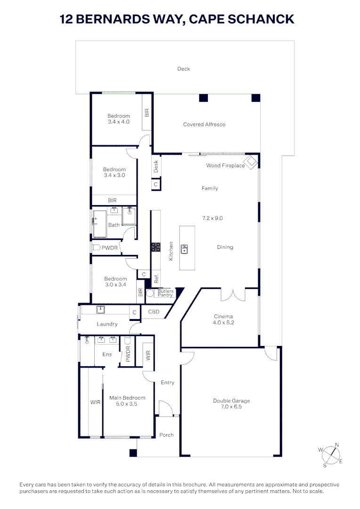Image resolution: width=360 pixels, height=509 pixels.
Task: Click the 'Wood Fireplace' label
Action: tap(225, 165)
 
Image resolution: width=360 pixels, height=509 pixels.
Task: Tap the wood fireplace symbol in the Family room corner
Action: tap(252, 162)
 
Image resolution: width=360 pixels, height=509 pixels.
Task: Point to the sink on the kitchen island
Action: tap(185, 248)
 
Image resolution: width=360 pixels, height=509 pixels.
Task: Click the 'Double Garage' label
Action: tap(231, 401)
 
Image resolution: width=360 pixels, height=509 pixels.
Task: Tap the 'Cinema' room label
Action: tap(223, 317)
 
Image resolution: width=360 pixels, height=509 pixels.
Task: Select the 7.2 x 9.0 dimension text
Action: tap(212, 218)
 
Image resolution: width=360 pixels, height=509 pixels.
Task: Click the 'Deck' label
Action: tap(183, 69)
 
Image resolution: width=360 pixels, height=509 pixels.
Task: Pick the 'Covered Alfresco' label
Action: tap(204, 124)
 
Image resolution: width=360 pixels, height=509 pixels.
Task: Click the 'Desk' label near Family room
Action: tap(156, 166)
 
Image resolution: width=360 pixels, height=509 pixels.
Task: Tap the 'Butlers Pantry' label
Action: tap(165, 293)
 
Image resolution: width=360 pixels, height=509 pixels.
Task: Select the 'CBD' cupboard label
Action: tap(154, 312)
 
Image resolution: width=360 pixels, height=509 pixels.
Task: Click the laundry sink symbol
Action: tap(100, 310)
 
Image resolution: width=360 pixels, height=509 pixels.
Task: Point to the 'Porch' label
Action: tap(166, 435)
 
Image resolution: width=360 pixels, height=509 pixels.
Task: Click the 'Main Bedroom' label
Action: tap(127, 398)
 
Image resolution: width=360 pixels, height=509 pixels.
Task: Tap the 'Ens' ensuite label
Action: tap(107, 354)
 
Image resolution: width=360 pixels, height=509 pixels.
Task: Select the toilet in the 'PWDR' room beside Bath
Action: tap(96, 247)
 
